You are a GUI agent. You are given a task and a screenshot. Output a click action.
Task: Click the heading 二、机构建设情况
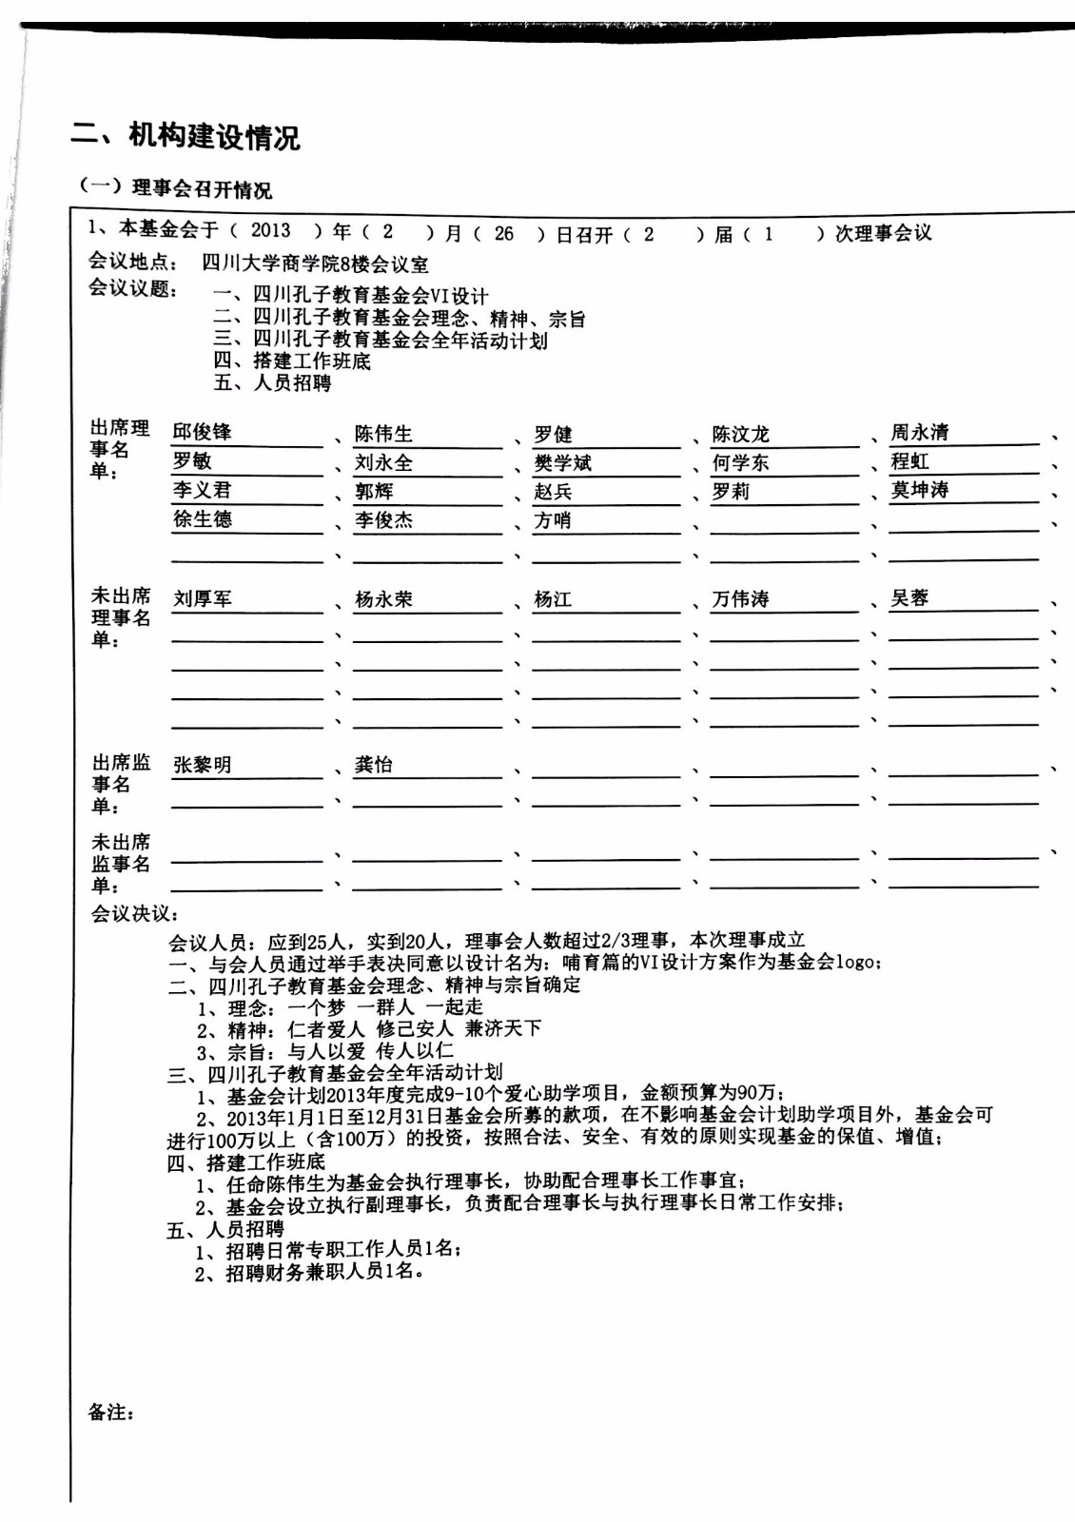coord(186,137)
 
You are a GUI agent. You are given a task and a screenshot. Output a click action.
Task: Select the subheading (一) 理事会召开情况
coord(176,188)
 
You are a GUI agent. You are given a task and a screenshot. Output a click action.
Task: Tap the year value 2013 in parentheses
coord(271,231)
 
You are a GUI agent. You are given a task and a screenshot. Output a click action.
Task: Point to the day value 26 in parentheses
coord(504,233)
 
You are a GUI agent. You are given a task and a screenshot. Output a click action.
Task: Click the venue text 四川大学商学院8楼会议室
coord(315,264)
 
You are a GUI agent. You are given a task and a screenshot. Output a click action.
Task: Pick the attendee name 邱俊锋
coord(202,433)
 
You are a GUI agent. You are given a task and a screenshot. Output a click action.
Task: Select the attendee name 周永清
coord(919,433)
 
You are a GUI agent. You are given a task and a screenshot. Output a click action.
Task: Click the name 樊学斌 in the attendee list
coord(563,463)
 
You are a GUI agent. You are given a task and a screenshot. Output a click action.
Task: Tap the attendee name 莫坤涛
coord(919,491)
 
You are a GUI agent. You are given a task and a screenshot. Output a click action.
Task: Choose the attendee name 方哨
coord(553,520)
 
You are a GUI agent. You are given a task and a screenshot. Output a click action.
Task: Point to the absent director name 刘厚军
coord(202,599)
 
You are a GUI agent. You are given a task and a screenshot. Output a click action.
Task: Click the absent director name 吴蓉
coord(909,598)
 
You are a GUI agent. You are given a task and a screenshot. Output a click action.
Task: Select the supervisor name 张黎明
coord(202,765)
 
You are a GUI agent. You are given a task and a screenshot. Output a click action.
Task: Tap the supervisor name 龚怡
coord(374,765)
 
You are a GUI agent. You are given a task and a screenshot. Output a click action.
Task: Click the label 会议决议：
coord(134,913)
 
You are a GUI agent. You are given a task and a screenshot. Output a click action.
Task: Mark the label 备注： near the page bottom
coord(111,1413)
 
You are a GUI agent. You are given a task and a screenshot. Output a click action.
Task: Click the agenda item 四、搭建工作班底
coord(292,361)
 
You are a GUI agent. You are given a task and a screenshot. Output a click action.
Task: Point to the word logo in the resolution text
coord(856,962)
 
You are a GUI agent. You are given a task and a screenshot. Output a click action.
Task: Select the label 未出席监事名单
coord(121,864)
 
